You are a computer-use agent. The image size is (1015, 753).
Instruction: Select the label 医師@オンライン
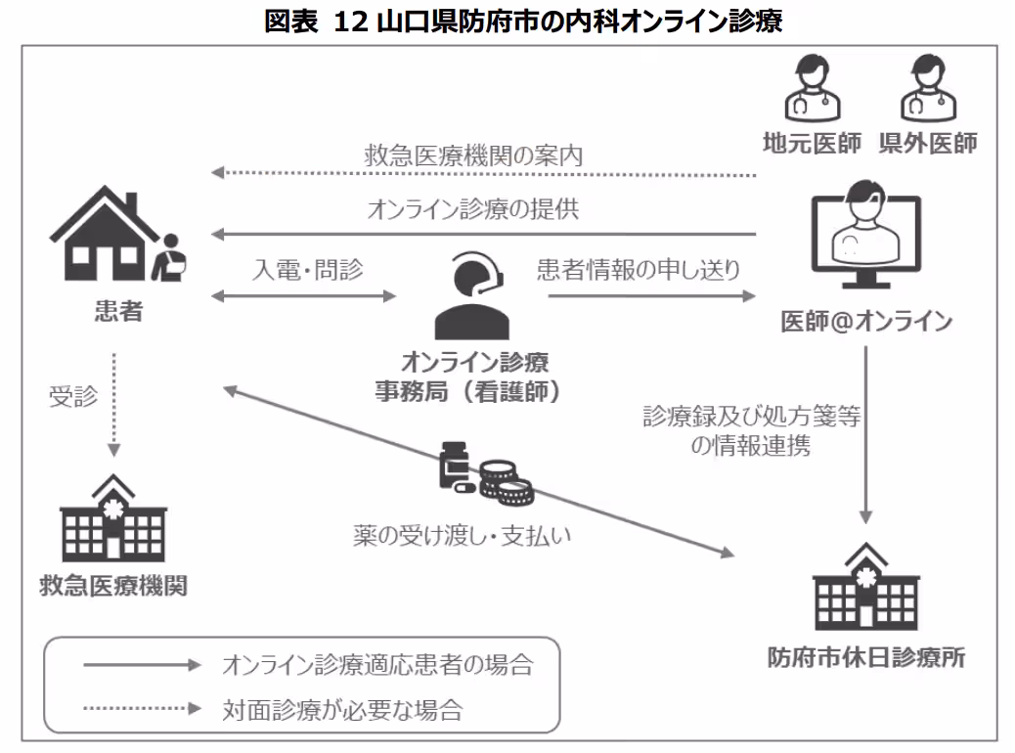(x=865, y=322)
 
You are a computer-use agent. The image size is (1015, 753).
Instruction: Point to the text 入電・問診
(x=307, y=270)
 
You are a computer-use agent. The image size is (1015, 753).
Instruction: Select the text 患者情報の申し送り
(x=638, y=270)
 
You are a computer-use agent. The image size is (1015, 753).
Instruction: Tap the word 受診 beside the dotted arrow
(x=73, y=397)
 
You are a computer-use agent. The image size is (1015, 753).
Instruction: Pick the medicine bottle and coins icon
(x=485, y=475)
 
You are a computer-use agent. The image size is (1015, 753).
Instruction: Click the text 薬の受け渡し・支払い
(x=463, y=535)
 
